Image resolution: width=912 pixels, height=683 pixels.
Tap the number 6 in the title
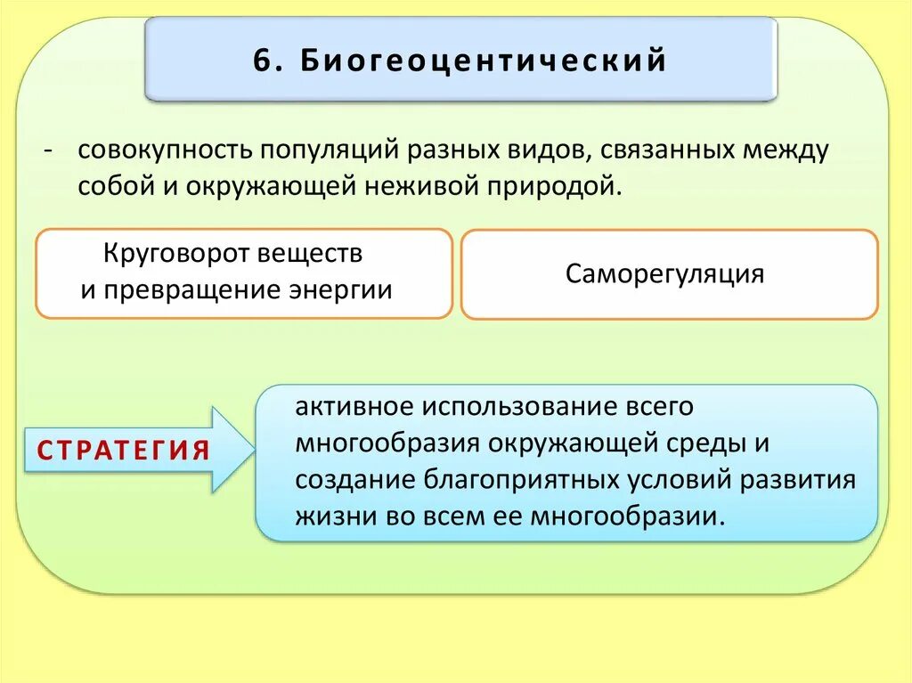[260, 61]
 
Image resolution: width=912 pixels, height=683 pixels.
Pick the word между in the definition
[784, 150]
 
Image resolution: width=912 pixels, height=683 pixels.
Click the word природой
[551, 187]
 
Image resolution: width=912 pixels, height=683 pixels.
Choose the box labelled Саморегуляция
[670, 274]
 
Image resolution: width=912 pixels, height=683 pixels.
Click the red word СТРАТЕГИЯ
[124, 450]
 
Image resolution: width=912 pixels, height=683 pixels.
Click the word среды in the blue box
[702, 443]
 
